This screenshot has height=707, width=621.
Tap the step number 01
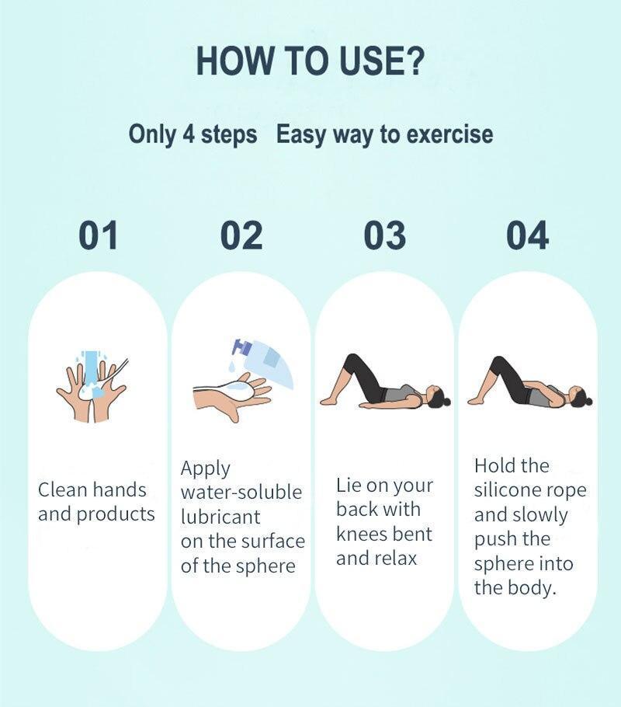point(99,235)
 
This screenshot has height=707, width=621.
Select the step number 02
point(241,235)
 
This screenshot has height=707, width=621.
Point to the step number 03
point(385,235)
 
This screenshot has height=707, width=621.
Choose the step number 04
point(528,235)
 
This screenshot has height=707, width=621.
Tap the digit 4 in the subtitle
point(189,134)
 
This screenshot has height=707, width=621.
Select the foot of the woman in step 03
point(328,399)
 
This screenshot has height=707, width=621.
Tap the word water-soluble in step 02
point(241,492)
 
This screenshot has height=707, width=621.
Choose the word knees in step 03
point(359,534)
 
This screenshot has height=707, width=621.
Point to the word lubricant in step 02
point(220,517)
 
